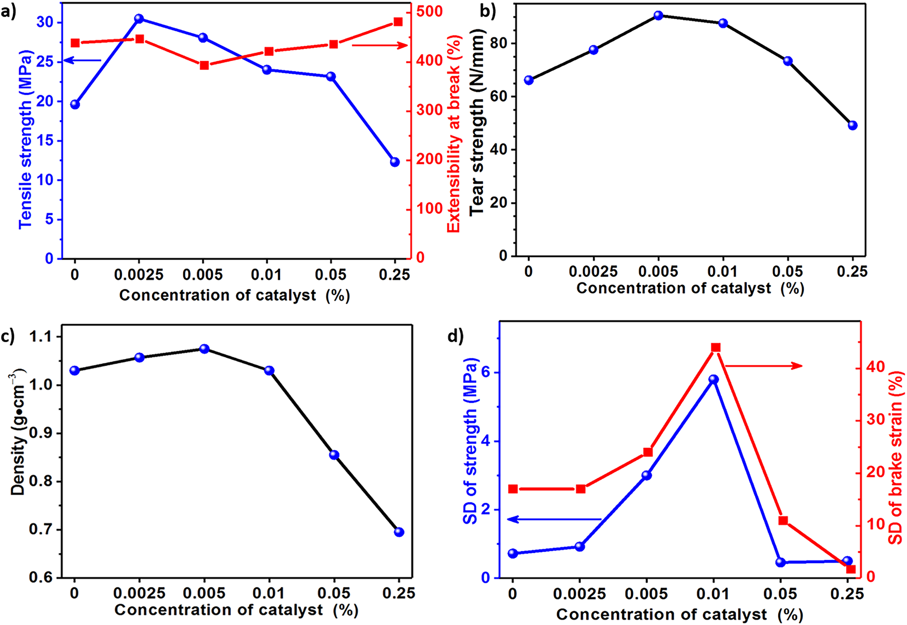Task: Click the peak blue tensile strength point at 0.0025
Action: coord(139,19)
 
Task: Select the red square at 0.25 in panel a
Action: coord(399,22)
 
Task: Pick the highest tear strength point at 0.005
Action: coord(658,15)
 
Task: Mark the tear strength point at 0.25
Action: coord(853,125)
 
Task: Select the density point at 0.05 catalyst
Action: coord(334,455)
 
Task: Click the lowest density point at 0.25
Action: coord(399,532)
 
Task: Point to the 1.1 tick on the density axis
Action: coord(42,337)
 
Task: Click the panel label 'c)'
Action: coord(8,337)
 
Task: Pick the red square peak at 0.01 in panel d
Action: coord(716,347)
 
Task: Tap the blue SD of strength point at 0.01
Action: coord(713,379)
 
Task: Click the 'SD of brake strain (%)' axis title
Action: coord(896,457)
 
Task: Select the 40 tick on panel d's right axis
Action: coord(875,367)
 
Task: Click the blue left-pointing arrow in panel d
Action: coord(555,519)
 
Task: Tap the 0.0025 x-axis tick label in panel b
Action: coord(593,272)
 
